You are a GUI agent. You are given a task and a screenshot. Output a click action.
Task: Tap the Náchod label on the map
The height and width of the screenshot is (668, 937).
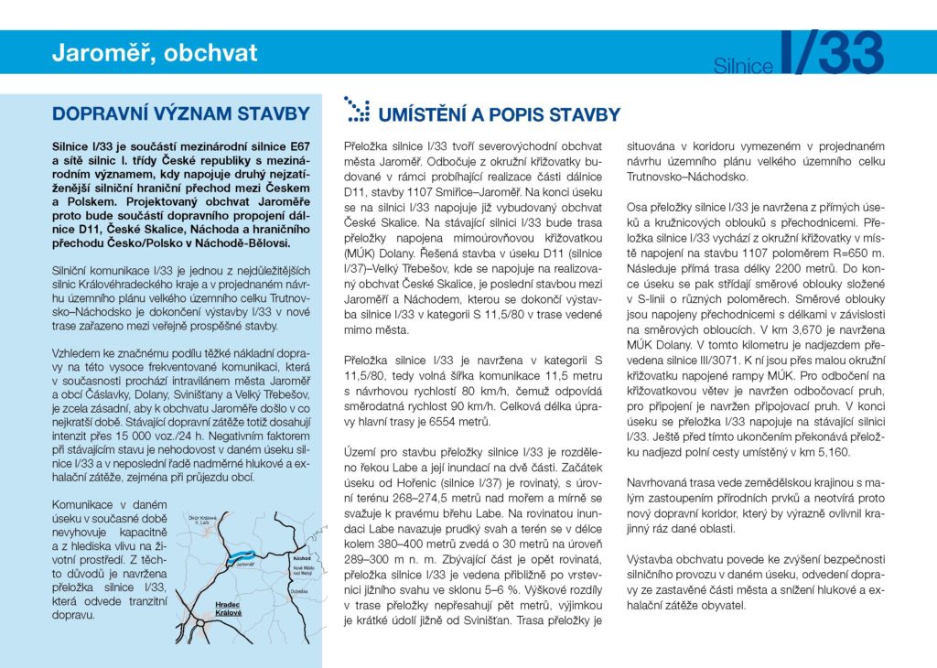pyautogui.click(x=301, y=556)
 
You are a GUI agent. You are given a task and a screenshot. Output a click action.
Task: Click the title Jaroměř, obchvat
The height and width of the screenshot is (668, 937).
pyautogui.click(x=155, y=53)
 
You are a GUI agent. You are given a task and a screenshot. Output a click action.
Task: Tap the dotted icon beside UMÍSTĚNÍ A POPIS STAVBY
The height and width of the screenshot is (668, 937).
pyautogui.click(x=356, y=110)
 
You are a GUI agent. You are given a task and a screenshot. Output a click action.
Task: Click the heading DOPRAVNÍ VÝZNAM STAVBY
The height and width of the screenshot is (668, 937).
pyautogui.click(x=180, y=114)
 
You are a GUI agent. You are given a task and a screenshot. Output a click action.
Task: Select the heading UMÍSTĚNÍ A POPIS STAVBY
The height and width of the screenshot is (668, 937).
pyautogui.click(x=499, y=115)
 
